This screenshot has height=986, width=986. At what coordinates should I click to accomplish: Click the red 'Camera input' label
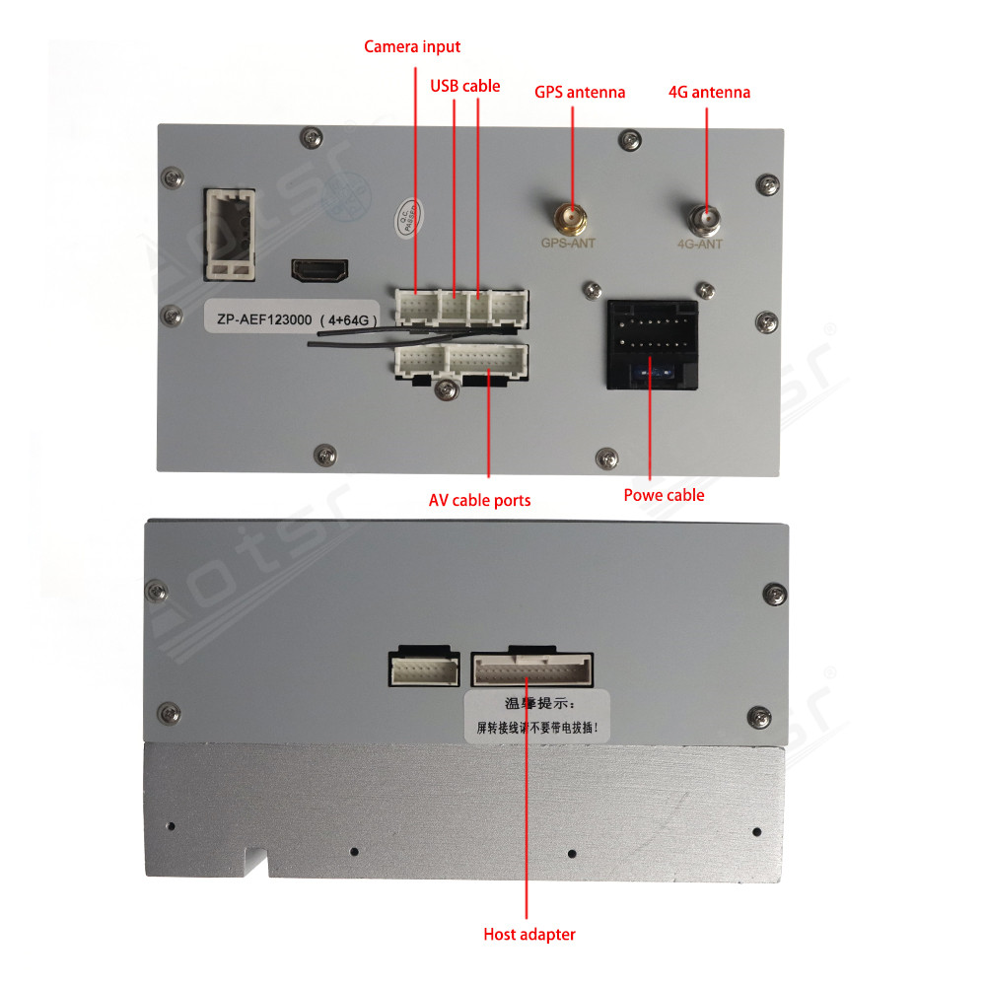412,46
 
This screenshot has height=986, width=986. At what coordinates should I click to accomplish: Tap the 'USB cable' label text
464,86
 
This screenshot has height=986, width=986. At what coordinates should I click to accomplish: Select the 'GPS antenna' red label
580,92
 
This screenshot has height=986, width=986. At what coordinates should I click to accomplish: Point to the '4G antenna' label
709,92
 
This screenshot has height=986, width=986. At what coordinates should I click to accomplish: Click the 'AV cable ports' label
479,500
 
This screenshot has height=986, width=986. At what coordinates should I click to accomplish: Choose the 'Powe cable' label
664,494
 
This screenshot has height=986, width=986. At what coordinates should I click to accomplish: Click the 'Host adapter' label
528,934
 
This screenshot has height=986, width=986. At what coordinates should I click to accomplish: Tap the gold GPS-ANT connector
567,216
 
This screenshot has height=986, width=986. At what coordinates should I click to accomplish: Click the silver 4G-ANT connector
704,217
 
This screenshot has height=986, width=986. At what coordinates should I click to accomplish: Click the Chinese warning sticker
537,715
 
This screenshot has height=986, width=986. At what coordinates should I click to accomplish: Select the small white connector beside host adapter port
424,670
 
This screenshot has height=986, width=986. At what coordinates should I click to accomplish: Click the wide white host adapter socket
532,670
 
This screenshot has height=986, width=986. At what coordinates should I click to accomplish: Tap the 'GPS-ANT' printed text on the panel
568,243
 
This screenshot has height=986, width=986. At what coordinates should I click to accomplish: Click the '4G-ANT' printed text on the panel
701,244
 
